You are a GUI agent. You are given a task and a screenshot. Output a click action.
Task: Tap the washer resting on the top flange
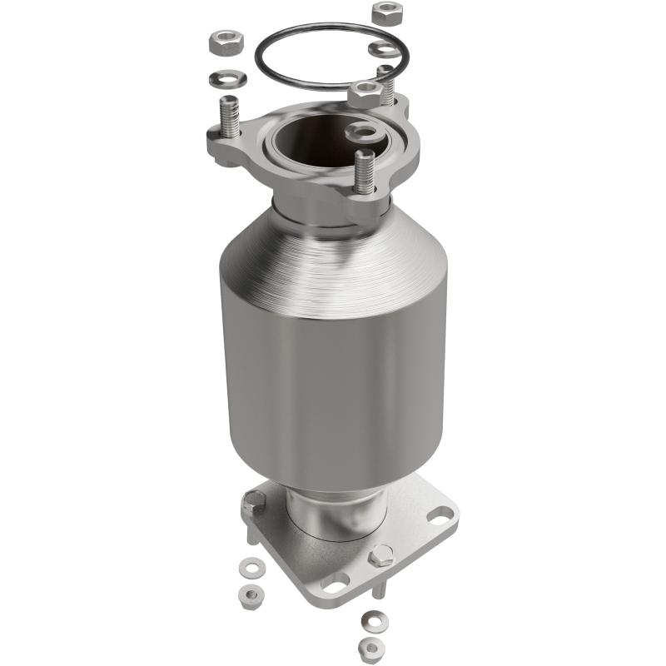point(365,131)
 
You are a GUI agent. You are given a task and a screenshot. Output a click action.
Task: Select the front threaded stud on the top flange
point(365,170)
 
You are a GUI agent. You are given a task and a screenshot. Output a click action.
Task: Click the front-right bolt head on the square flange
point(380,555)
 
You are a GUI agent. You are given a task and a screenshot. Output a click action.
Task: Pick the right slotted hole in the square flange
point(438,514)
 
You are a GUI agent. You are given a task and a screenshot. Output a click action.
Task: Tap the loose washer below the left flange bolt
point(248,569)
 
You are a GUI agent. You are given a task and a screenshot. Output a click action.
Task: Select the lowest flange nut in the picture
point(369,647)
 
